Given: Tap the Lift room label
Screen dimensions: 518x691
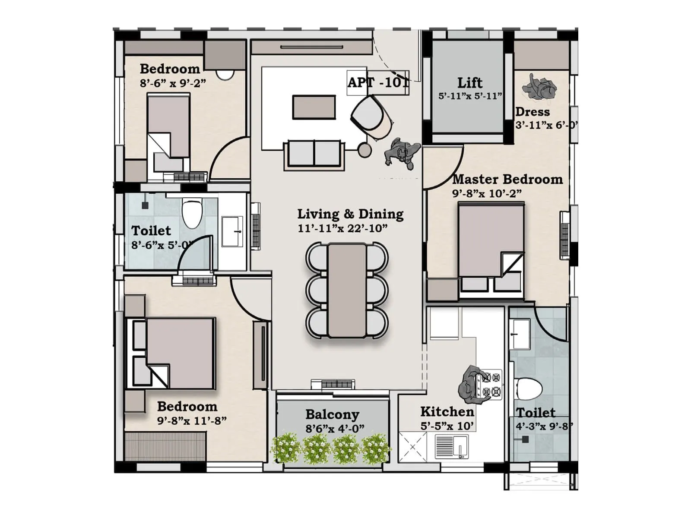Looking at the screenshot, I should [x=470, y=82].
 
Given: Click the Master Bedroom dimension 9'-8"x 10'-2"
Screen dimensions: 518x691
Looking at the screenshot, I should [x=487, y=193].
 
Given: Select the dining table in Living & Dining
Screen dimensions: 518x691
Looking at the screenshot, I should [x=347, y=291].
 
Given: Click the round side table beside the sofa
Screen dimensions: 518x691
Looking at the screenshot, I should [x=365, y=150].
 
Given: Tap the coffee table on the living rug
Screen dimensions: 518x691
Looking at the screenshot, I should [x=314, y=107].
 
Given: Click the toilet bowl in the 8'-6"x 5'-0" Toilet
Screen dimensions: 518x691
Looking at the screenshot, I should [x=192, y=213].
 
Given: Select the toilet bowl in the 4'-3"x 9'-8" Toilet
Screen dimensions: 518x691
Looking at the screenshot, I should [x=529, y=389].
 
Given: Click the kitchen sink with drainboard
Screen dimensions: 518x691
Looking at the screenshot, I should [x=451, y=446].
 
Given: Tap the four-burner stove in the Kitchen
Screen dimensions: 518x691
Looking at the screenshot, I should [x=491, y=385].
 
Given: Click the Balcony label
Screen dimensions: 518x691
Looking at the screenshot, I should [x=332, y=414].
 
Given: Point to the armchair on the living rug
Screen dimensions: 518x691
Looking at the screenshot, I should [x=371, y=116].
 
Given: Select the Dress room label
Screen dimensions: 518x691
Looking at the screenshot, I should [x=533, y=112].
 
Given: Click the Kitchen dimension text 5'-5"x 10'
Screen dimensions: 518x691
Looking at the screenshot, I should [x=447, y=426].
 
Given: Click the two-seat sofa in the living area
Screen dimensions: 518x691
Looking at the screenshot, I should [x=314, y=153].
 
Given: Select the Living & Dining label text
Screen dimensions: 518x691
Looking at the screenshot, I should [x=350, y=214].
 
